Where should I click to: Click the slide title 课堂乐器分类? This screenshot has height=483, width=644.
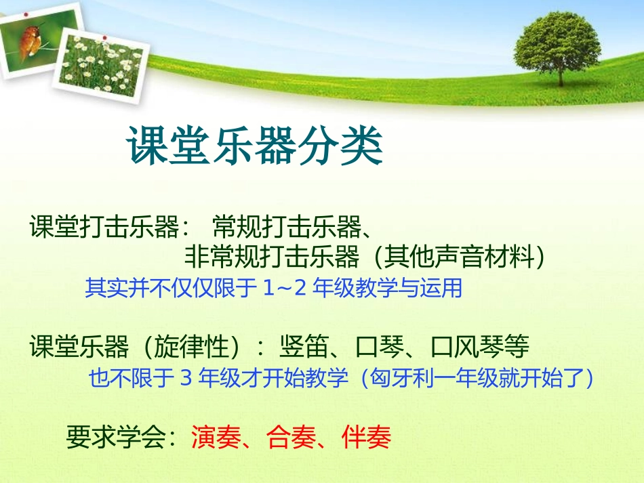(x=255, y=146)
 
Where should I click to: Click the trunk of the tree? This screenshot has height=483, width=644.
(x=560, y=74)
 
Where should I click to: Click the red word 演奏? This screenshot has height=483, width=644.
(x=216, y=438)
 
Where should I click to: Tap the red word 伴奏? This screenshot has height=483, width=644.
(x=367, y=438)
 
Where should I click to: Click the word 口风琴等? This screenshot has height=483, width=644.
(x=480, y=348)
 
